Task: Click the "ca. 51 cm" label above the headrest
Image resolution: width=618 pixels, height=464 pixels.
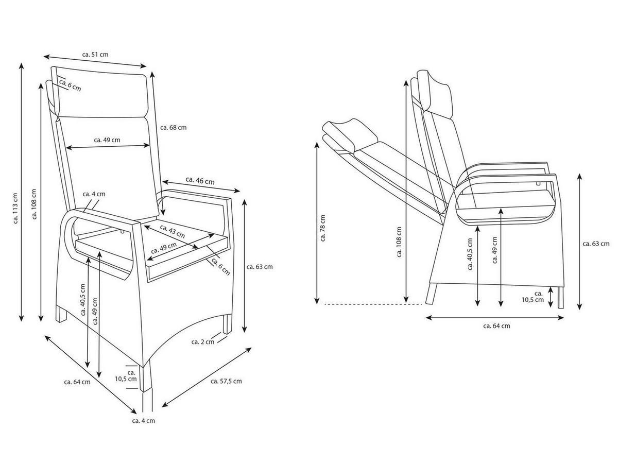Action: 95,54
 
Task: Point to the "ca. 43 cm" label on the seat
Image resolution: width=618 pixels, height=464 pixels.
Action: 172,231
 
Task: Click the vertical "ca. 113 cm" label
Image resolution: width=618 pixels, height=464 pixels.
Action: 15,209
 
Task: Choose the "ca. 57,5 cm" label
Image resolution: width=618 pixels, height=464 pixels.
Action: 226,381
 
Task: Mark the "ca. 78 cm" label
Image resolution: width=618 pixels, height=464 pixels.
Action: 323,227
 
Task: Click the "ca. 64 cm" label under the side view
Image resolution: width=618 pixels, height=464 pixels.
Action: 497,325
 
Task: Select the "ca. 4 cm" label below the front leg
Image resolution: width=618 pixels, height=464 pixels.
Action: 143,421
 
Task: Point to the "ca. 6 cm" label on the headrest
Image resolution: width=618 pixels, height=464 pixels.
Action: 70,85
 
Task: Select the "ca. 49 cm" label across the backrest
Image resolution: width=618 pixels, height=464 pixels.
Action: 107,140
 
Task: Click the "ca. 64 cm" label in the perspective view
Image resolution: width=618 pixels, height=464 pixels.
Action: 77,382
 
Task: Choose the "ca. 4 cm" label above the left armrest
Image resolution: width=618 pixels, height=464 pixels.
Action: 94,194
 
